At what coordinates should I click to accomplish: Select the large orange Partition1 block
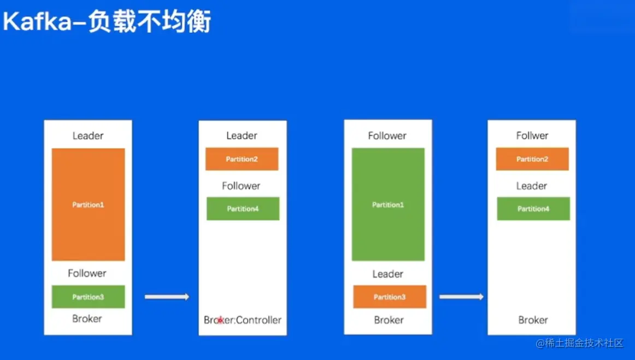pyautogui.click(x=88, y=204)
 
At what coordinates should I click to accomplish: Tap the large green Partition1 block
pyautogui.click(x=388, y=204)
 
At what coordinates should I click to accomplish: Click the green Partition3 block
pyautogui.click(x=88, y=297)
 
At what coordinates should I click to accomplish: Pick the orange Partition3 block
pyautogui.click(x=389, y=297)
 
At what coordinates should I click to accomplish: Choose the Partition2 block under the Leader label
pyautogui.click(x=242, y=159)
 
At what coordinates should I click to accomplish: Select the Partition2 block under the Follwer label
pyautogui.click(x=532, y=159)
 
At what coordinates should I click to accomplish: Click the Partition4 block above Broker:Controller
pyautogui.click(x=243, y=209)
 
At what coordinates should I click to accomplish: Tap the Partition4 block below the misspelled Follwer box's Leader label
pyautogui.click(x=533, y=209)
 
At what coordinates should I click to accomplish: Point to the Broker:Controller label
pyautogui.click(x=243, y=320)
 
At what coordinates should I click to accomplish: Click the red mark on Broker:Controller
pyautogui.click(x=220, y=321)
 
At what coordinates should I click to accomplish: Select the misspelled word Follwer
pyautogui.click(x=532, y=135)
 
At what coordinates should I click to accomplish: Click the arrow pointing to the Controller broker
pyautogui.click(x=167, y=297)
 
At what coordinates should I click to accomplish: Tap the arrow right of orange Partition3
pyautogui.click(x=461, y=297)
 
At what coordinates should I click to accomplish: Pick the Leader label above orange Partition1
pyautogui.click(x=88, y=135)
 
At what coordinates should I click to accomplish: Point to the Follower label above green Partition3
pyautogui.click(x=87, y=273)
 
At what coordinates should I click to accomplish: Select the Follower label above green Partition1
pyautogui.click(x=387, y=135)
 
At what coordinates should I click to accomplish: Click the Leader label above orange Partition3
pyautogui.click(x=388, y=274)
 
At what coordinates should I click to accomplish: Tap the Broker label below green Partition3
pyautogui.click(x=87, y=318)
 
